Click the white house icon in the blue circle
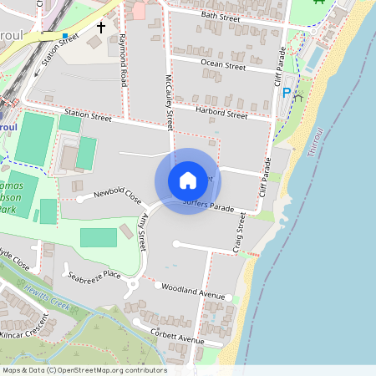pos(188,180)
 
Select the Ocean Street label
pos(223,65)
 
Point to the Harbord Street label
pos(221,112)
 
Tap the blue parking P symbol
pos(287,93)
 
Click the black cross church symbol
pos(101,28)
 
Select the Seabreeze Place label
pos(94,275)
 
